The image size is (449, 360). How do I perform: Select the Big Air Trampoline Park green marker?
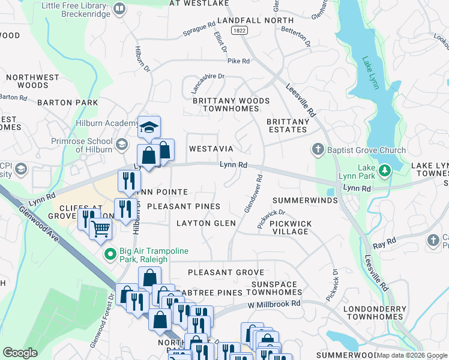click(x=109, y=254)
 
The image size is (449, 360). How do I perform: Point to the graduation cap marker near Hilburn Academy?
click(x=149, y=127)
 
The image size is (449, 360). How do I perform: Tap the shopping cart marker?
click(x=101, y=229)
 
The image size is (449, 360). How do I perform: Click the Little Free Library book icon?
click(x=119, y=9)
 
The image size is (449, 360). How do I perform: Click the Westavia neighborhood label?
click(x=211, y=148)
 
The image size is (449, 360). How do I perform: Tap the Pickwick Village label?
click(x=291, y=227)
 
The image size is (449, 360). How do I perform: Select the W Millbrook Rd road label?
click(x=276, y=304)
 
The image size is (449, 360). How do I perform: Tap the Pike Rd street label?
click(x=238, y=61)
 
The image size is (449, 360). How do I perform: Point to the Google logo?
click(x=20, y=353)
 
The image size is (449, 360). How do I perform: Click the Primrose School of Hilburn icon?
click(x=122, y=144)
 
